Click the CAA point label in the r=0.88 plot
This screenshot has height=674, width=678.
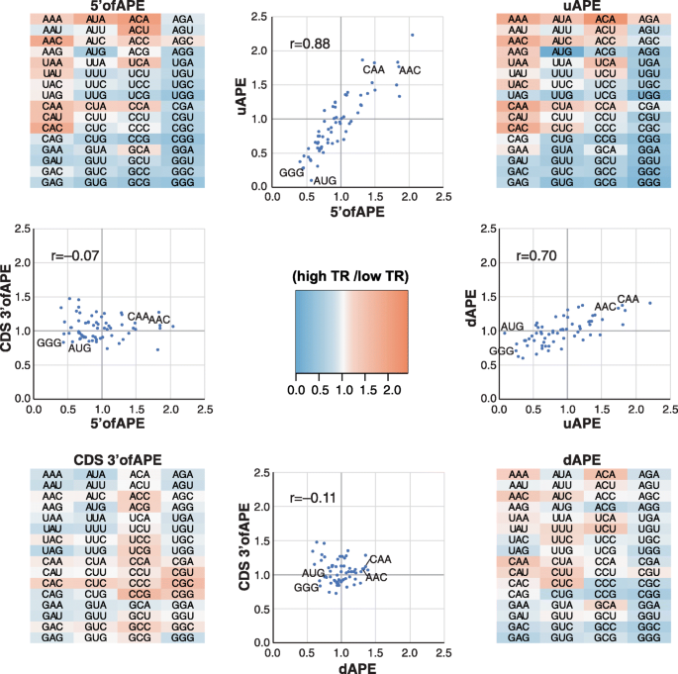(373, 69)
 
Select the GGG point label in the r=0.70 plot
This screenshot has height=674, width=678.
(502, 351)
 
